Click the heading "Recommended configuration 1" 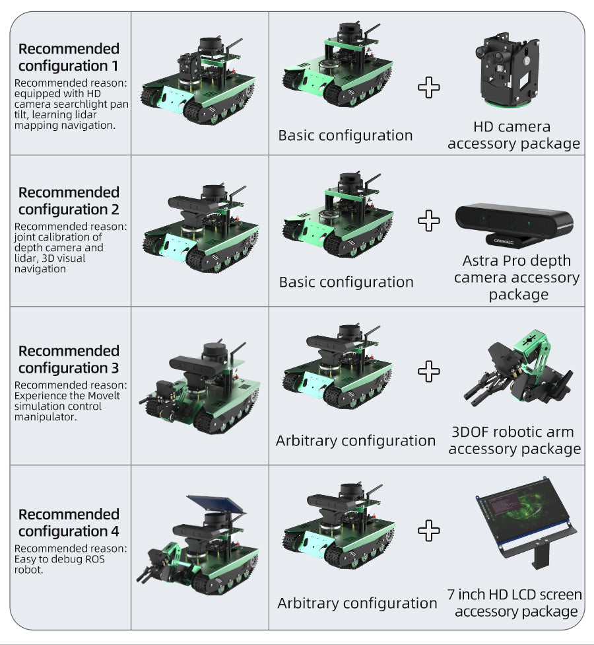(69, 57)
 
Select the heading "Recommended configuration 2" (69, 201)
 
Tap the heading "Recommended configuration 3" (69, 359)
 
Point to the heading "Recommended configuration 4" (69, 523)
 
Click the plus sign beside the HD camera (428, 87)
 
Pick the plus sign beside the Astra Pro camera (428, 221)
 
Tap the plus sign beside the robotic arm (428, 371)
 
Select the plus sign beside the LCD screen (428, 530)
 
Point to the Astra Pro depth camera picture (514, 225)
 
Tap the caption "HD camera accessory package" (513, 135)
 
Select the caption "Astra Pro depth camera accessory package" (517, 278)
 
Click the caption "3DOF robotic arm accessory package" (514, 440)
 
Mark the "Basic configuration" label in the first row (345, 135)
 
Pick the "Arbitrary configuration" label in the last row (357, 603)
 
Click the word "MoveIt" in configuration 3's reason (101, 396)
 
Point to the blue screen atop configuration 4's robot (216, 505)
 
